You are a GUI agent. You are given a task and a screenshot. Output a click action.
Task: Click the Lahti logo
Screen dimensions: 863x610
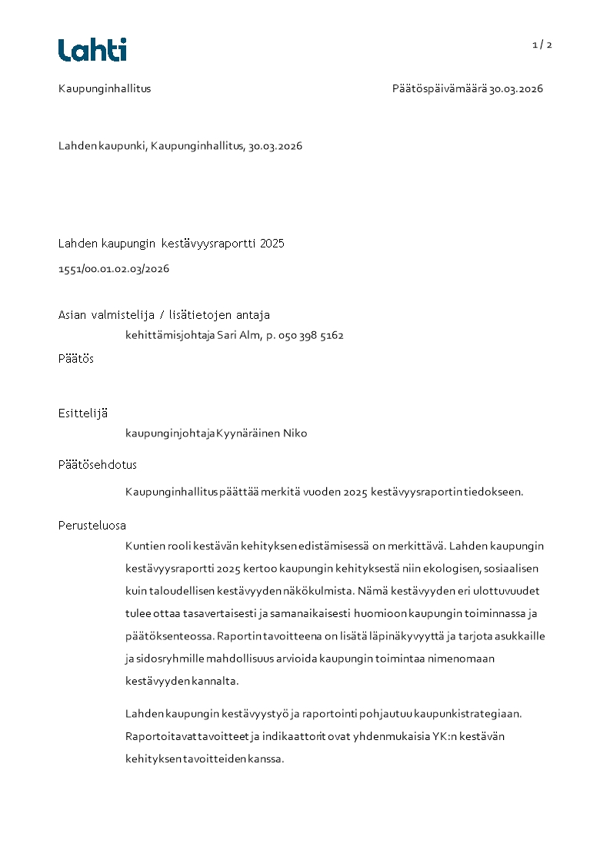pos(92,50)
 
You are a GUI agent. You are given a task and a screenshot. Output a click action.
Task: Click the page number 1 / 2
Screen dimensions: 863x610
pos(542,45)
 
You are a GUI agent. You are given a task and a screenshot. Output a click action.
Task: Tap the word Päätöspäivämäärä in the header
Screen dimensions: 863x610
pos(439,88)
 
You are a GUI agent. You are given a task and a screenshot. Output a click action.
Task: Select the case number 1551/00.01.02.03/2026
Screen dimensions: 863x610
pos(114,269)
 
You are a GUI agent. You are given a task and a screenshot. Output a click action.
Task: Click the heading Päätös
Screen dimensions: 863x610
pos(76,358)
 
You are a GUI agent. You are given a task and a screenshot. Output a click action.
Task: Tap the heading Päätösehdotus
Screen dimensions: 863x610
pos(98,465)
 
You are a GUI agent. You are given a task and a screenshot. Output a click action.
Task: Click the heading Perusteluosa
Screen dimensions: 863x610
pos(92,526)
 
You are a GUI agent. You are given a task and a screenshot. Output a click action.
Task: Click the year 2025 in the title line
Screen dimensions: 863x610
pos(272,244)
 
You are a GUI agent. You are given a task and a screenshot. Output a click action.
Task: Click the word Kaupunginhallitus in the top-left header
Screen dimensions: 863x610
pos(105,88)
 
